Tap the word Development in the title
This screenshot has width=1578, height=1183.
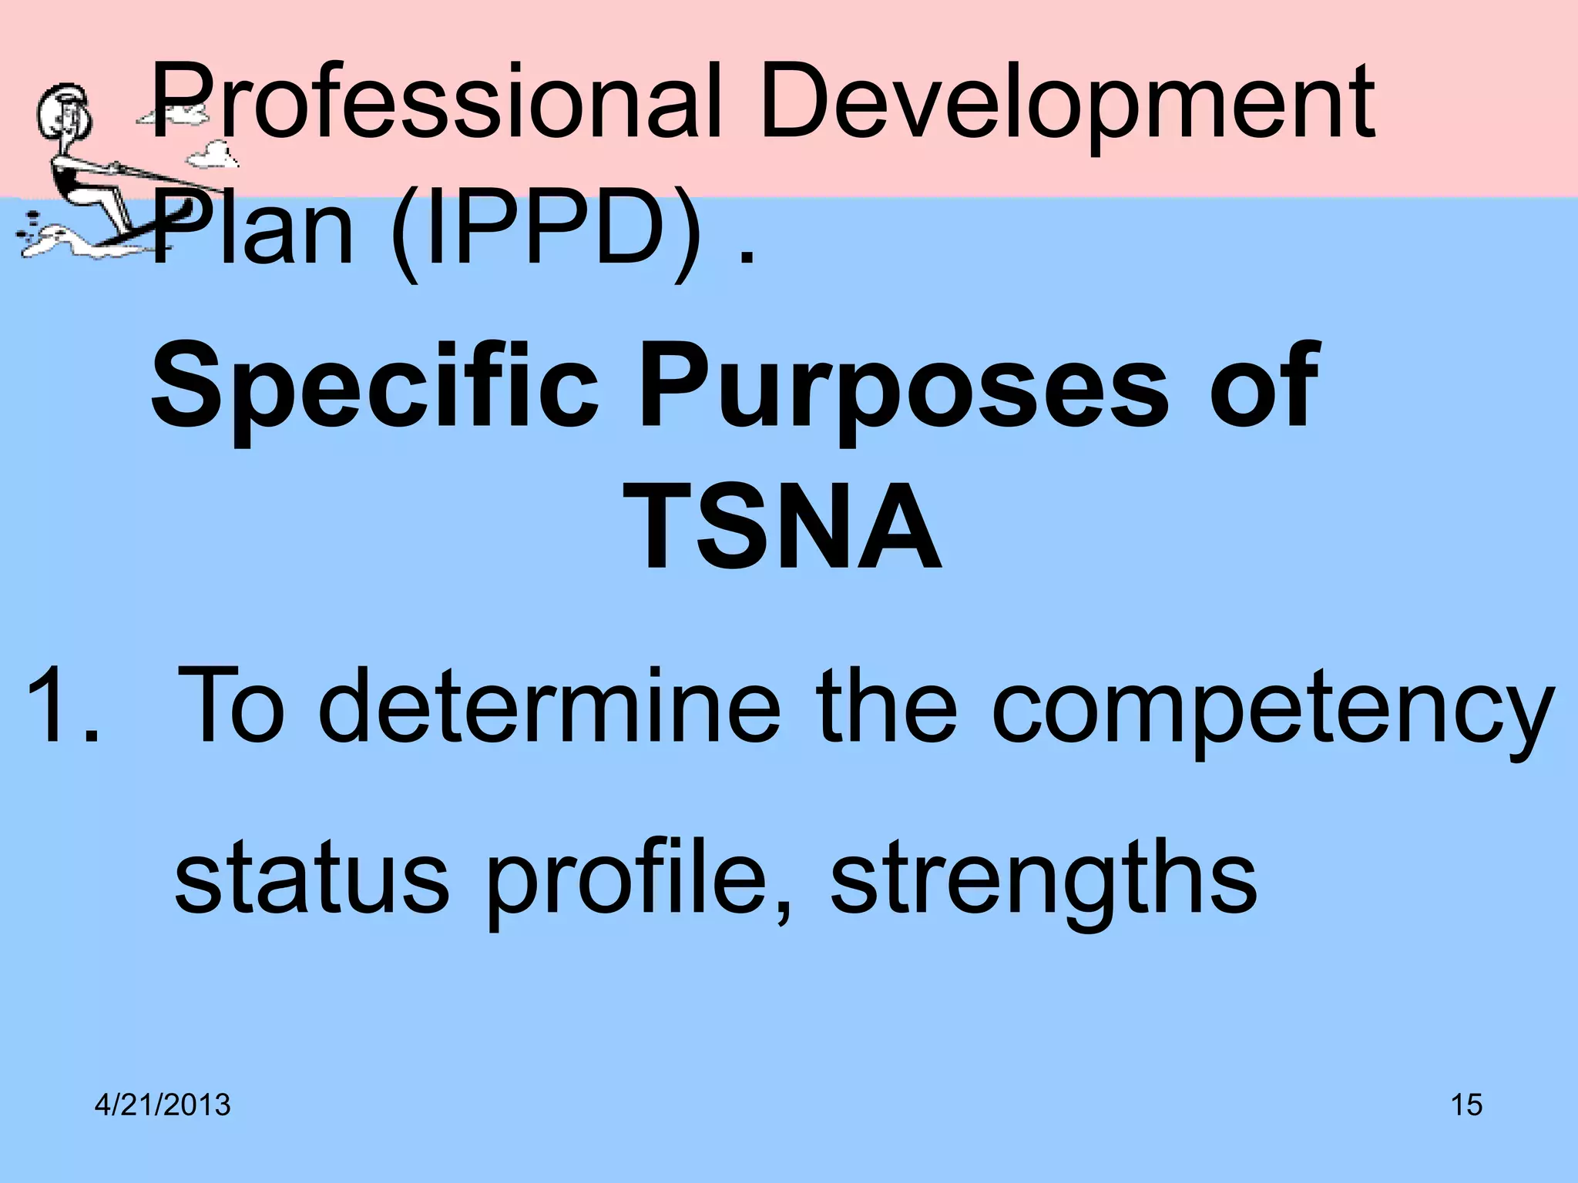pos(1067,104)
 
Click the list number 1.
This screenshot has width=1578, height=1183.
pos(62,705)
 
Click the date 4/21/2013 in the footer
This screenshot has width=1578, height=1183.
pos(163,1105)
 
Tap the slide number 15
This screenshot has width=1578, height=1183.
pos(1466,1105)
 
